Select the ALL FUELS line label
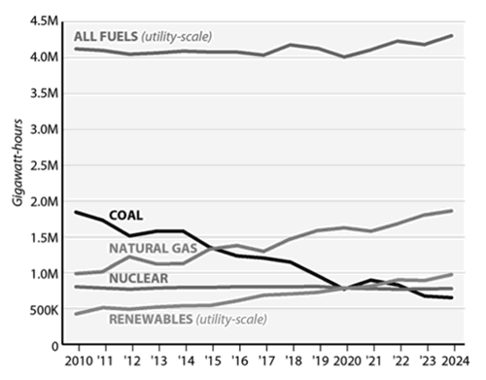tap(105, 37)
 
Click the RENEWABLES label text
tap(149, 318)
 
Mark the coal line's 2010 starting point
tap(75, 212)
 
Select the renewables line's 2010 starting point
tap(75, 314)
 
